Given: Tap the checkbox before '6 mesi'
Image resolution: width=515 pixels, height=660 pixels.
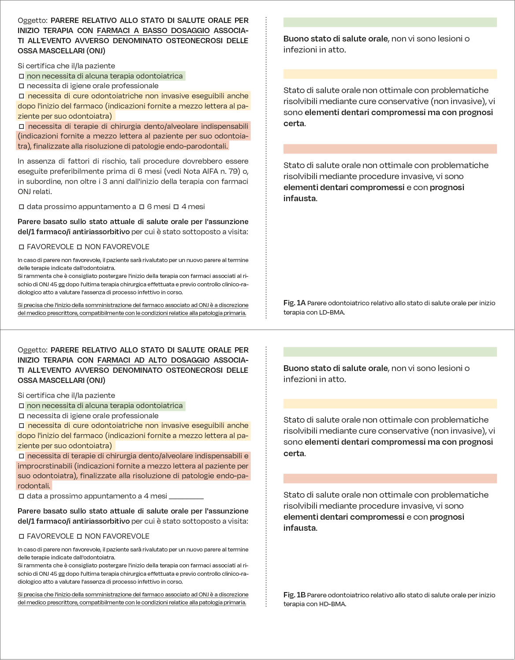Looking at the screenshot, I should point(142,207).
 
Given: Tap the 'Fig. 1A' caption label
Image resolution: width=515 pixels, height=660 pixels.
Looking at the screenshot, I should point(294,303).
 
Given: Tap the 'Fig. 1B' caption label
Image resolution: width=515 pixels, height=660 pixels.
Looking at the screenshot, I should point(294,595).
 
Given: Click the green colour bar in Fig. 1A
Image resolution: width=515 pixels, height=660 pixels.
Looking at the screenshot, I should point(390,22).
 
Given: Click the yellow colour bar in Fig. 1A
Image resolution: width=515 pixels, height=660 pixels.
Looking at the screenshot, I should point(390,74).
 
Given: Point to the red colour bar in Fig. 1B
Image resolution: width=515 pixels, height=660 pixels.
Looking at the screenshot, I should point(390,478).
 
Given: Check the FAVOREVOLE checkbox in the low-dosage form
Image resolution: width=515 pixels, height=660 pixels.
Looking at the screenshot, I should point(21,247).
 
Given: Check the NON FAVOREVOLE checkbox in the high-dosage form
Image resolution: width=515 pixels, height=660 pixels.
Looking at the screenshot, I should point(79,536).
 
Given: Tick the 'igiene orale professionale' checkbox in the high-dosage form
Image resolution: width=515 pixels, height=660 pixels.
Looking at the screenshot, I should point(21,416).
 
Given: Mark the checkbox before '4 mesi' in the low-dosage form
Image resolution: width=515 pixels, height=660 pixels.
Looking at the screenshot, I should point(176,207).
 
